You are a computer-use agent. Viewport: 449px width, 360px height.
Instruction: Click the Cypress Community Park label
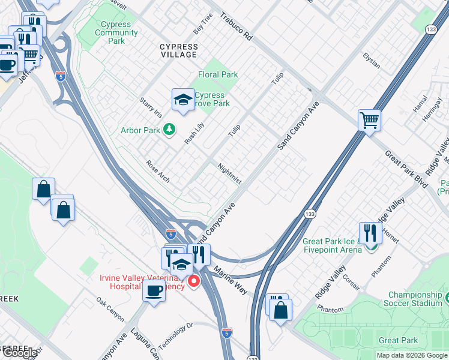click(116, 33)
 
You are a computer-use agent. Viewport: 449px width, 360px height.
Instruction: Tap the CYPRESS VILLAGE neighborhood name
click(178, 50)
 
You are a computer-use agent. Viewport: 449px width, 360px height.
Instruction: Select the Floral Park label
click(218, 75)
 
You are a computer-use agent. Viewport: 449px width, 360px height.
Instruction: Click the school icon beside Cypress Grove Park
click(183, 100)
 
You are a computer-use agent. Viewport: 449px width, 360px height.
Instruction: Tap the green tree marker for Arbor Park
click(170, 129)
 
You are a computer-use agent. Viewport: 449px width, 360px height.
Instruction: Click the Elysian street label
click(371, 60)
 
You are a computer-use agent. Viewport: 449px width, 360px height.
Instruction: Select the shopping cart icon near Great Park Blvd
click(370, 120)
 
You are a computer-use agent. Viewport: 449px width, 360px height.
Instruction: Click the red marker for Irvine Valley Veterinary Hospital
click(194, 281)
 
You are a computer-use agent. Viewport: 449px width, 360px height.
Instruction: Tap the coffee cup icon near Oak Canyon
click(154, 292)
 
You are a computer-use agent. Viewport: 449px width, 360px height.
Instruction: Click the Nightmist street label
click(229, 173)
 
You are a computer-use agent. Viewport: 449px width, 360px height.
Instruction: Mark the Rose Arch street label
click(158, 172)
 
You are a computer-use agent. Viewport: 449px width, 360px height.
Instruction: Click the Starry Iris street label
click(151, 107)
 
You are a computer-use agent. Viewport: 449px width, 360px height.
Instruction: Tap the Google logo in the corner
click(19, 353)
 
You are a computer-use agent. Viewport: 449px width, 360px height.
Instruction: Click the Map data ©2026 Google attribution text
click(411, 355)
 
